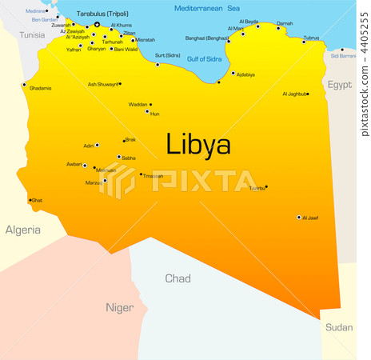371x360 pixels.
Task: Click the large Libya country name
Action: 198,144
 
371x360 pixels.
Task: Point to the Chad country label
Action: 178,278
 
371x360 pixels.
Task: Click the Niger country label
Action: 120,307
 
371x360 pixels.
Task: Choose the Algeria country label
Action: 23,230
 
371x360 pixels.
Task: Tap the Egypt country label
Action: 339,83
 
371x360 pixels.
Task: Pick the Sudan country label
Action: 339,327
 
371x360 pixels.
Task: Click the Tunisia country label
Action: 32,35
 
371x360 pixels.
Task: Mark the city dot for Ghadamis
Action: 24,85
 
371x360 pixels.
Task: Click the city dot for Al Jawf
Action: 299,217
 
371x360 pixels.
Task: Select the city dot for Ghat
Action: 30,200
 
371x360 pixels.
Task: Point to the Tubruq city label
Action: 311,38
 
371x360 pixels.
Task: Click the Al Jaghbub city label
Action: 293,94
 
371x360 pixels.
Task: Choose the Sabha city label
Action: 128,158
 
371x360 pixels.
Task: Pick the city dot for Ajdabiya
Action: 233,74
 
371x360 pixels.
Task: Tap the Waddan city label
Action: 138,104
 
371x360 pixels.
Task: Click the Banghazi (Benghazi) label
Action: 206,38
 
